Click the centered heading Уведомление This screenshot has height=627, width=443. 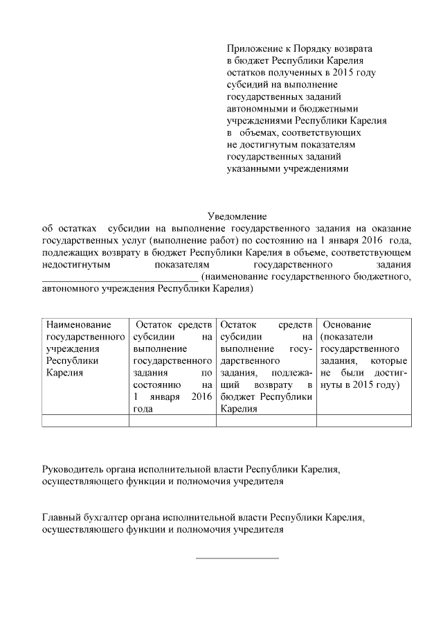click(x=237, y=217)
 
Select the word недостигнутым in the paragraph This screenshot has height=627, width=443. click(x=75, y=264)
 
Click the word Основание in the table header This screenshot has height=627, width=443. click(x=347, y=324)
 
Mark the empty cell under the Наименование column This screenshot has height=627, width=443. click(x=85, y=420)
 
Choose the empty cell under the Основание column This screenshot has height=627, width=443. click(x=363, y=420)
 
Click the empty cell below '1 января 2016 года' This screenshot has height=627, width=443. click(x=173, y=420)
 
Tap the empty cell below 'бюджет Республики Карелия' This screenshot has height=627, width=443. click(x=267, y=420)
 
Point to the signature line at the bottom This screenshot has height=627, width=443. click(x=237, y=556)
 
